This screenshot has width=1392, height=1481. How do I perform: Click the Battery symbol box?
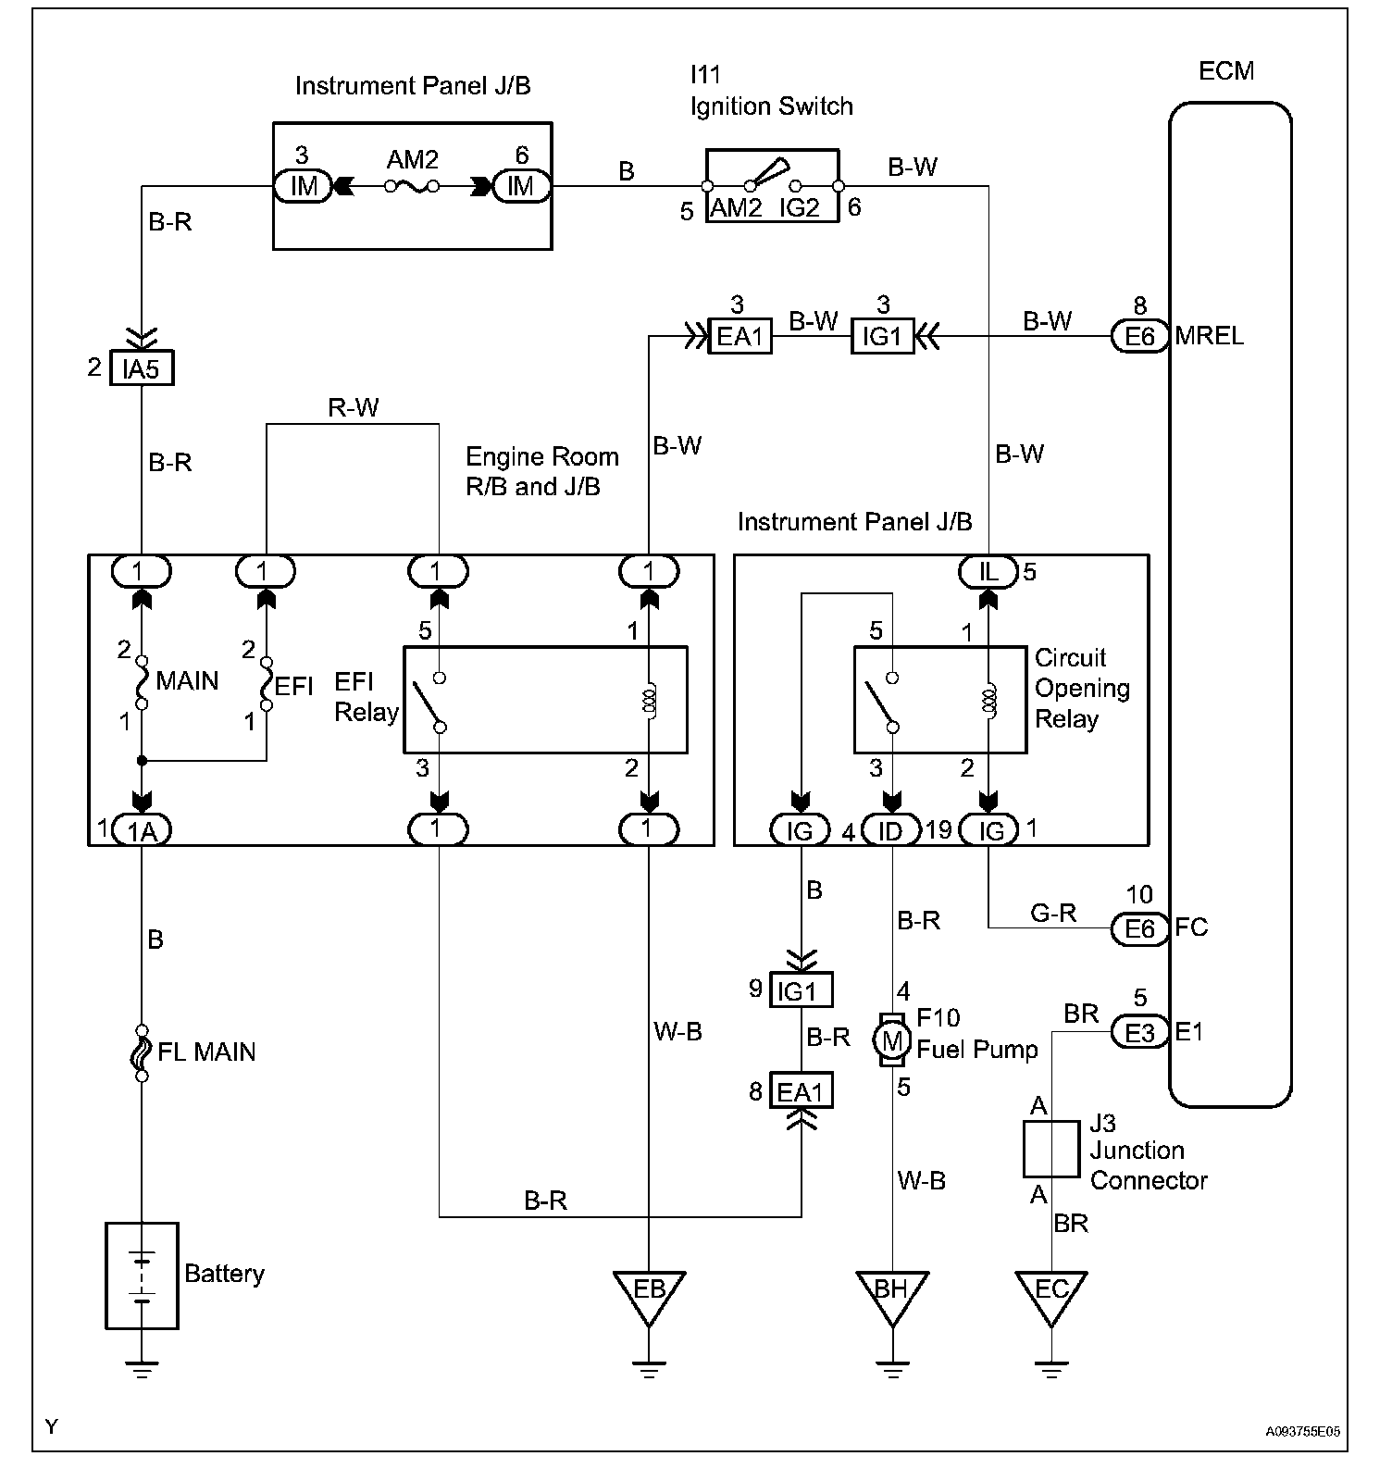click(x=142, y=1275)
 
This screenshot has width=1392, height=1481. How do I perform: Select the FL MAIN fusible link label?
click(x=206, y=1052)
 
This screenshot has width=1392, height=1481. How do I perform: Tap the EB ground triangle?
click(x=649, y=1293)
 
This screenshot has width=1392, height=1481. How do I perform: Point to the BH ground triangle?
click(x=891, y=1293)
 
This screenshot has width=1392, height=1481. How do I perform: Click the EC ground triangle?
click(x=1050, y=1293)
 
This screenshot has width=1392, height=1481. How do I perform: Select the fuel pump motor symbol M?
click(x=891, y=1040)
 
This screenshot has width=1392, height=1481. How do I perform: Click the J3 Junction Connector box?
click(x=1050, y=1149)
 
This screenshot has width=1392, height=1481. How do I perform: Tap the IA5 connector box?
click(x=141, y=368)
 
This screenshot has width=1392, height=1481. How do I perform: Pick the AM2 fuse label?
click(x=412, y=160)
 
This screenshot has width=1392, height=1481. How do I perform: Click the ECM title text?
click(x=1226, y=71)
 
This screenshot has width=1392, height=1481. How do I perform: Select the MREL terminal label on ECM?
click(x=1210, y=336)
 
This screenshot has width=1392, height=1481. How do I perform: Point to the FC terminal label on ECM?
click(x=1192, y=927)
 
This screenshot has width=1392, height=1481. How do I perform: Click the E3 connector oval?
click(x=1139, y=1032)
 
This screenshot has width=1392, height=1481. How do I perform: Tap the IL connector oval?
click(x=988, y=571)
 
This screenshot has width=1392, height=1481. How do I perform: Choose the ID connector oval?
click(x=890, y=830)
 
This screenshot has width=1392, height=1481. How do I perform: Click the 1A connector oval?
click(x=142, y=830)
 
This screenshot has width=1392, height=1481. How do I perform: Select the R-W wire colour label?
click(x=353, y=407)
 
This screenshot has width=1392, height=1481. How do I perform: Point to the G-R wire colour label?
click(x=1053, y=914)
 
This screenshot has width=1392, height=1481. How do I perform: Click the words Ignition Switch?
click(x=771, y=106)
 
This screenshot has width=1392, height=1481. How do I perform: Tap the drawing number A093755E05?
click(x=1302, y=1431)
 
